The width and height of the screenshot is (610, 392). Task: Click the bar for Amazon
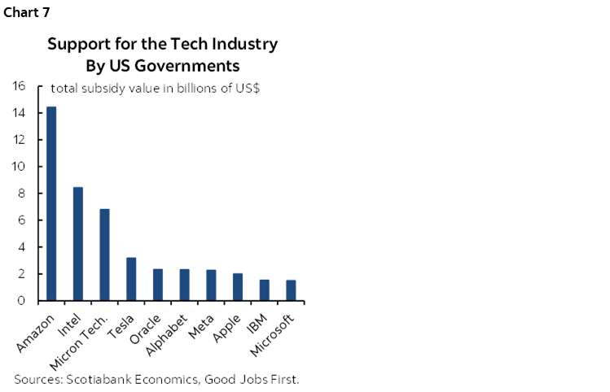51,203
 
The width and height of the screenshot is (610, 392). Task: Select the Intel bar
78,244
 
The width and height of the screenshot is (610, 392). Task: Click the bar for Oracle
158,285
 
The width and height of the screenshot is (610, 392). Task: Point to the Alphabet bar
185,285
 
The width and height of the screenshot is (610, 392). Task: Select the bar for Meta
211,285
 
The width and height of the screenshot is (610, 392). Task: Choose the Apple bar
238,287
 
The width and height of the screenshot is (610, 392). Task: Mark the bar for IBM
265,290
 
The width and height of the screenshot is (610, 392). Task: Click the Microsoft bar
291,290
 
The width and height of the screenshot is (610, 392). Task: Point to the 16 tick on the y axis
20,86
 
